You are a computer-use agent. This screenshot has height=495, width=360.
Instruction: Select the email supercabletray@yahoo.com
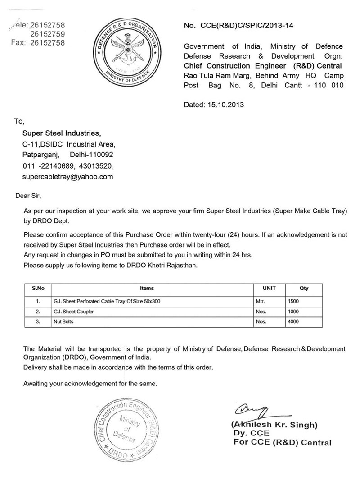point(68,177)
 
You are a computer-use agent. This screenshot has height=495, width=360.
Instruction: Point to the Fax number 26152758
point(47,43)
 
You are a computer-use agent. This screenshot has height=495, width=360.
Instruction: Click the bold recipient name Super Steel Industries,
point(62,133)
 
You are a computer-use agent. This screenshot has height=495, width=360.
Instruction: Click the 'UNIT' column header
point(269,288)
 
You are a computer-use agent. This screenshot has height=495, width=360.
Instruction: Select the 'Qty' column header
point(304,288)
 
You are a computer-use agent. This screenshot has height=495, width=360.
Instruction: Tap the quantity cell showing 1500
point(293,301)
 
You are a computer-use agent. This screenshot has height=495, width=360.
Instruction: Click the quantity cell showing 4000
point(293,322)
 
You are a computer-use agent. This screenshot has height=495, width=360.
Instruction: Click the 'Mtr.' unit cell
point(261,301)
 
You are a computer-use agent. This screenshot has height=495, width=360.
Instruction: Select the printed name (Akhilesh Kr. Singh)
point(274,425)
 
